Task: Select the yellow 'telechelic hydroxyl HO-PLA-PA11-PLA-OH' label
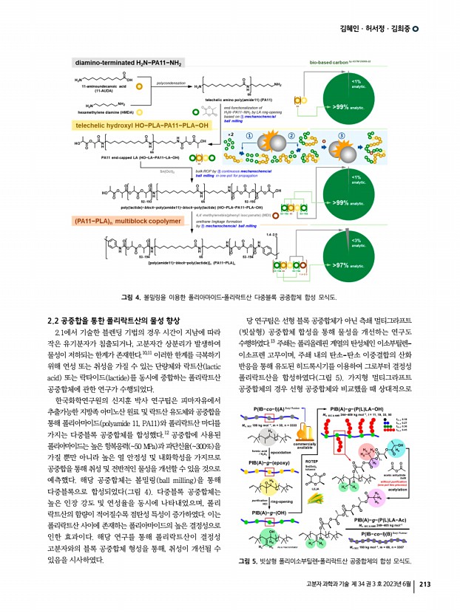click(141, 126)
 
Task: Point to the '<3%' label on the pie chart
click(356, 241)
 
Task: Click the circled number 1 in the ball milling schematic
click(249, 136)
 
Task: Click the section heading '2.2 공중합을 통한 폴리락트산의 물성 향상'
click(112, 320)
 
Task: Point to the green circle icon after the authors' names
click(416, 29)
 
